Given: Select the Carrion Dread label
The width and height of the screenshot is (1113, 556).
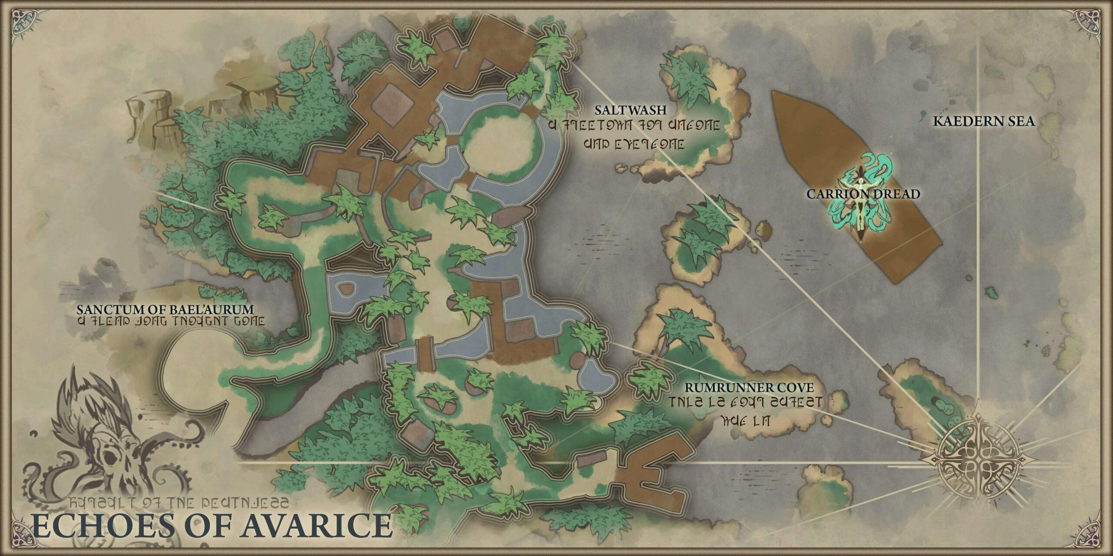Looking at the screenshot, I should coord(863,194).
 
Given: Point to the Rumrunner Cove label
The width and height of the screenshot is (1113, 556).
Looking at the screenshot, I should coord(749,387).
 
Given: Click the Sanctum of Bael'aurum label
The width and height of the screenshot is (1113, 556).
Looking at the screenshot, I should coord(165,309).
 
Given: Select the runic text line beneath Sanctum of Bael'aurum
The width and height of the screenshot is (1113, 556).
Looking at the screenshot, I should coord(170,322).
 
